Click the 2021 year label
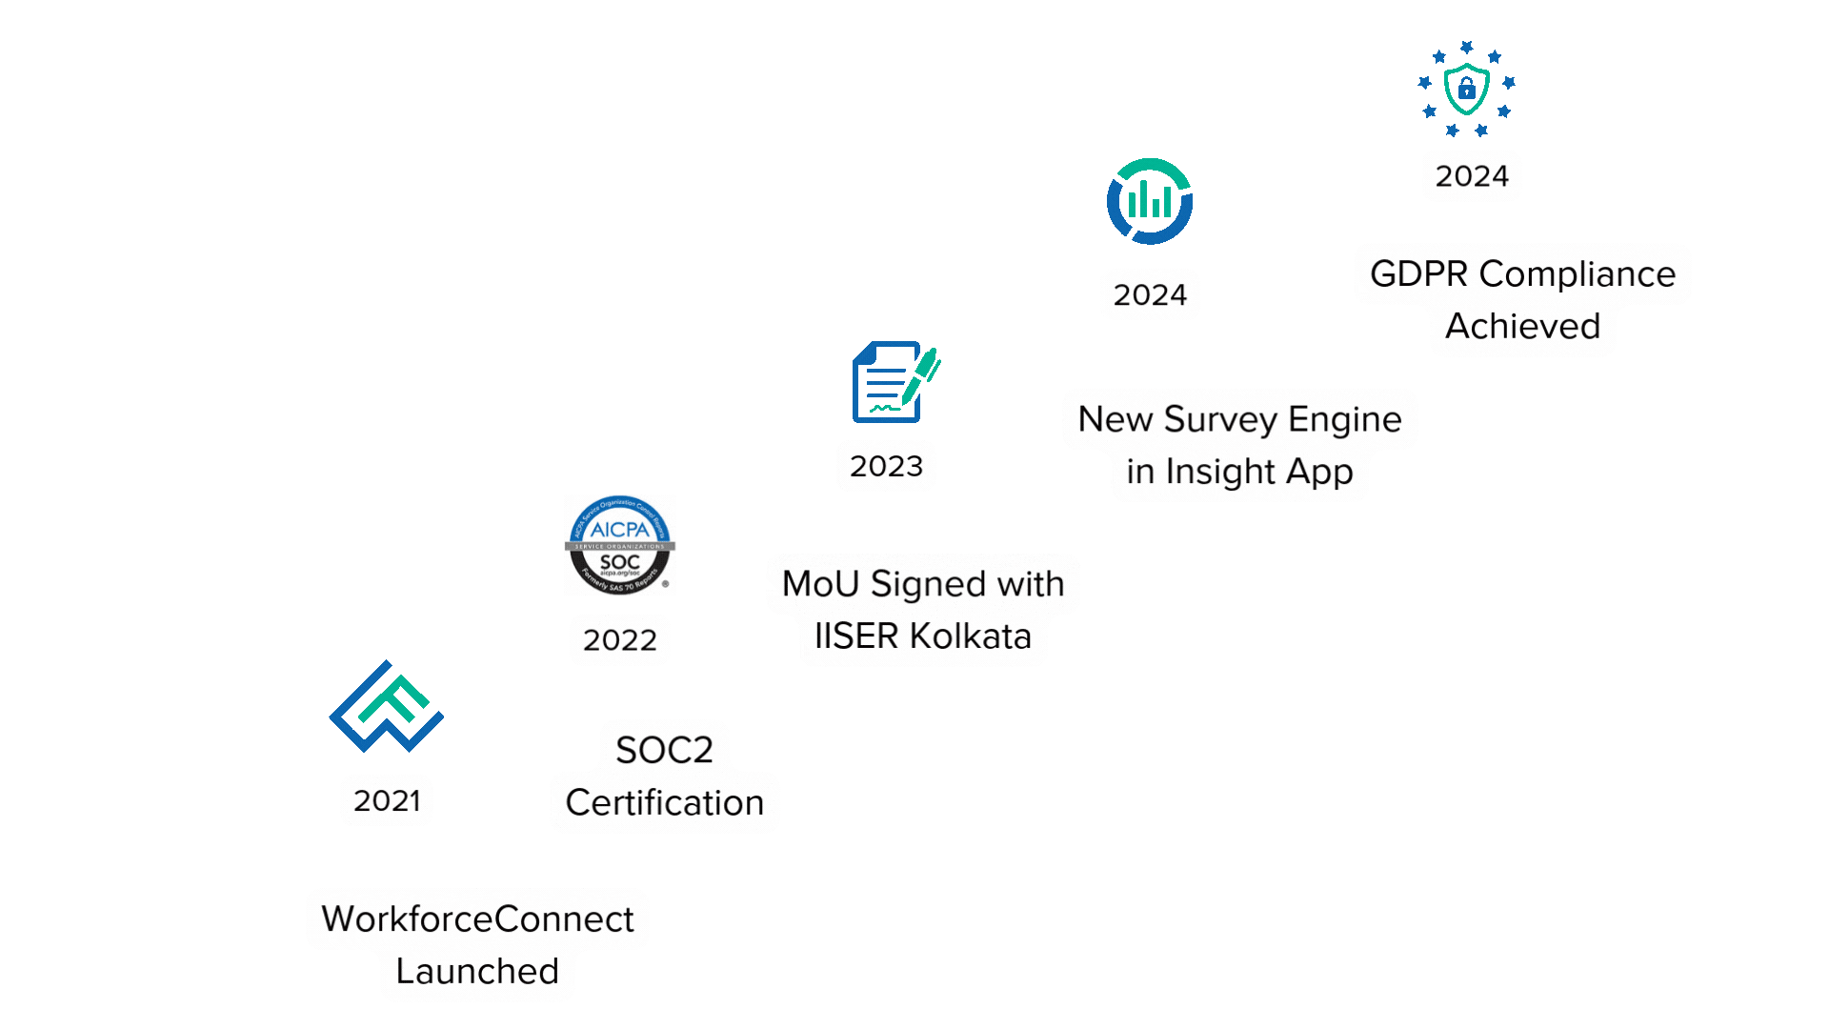(387, 800)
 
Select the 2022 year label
(620, 639)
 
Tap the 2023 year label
(886, 466)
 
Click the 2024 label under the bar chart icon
(1150, 294)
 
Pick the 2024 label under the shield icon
(1472, 176)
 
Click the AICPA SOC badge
(620, 545)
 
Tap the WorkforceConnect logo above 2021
(387, 707)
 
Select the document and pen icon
(894, 382)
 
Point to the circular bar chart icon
(1150, 201)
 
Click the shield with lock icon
(1467, 88)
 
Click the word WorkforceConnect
(477, 918)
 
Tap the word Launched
(477, 971)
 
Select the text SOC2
(664, 750)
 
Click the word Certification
(664, 802)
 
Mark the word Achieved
(1522, 326)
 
